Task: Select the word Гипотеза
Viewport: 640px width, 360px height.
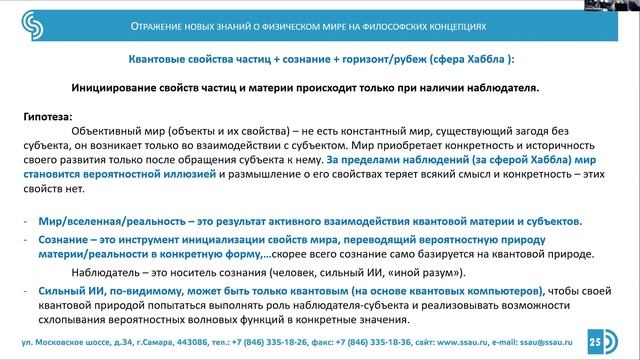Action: pos(47,118)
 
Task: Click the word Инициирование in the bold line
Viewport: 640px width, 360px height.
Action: pos(122,88)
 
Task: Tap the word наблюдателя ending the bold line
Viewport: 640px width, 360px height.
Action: pos(503,88)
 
